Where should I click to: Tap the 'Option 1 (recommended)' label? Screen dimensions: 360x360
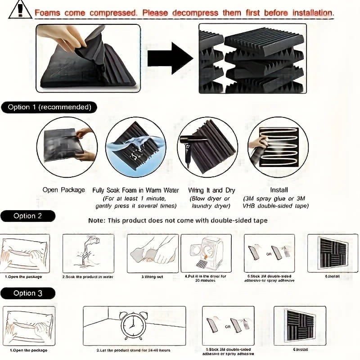click(49, 107)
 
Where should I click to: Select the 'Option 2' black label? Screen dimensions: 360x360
click(28, 216)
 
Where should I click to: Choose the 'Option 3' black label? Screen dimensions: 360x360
click(28, 293)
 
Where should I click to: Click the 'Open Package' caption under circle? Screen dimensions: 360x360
click(63, 190)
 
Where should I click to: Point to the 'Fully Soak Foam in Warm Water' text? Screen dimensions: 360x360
click(135, 190)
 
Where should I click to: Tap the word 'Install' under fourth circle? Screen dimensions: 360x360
click(279, 190)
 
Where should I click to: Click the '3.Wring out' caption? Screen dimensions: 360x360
click(152, 277)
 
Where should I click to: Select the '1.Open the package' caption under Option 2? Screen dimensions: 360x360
click(23, 277)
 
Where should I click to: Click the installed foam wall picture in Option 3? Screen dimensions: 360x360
click(301, 325)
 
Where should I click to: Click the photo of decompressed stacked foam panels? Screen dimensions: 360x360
click(252, 58)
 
